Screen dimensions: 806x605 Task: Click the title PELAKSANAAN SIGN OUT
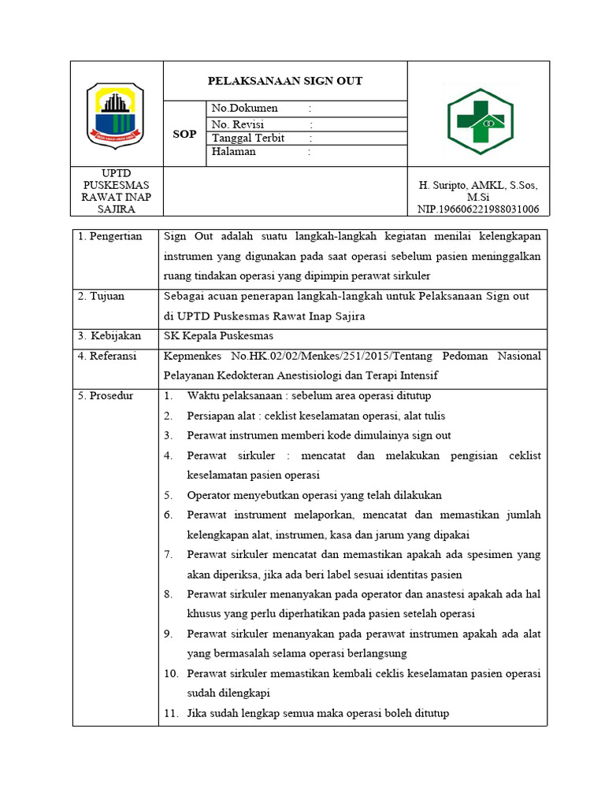(x=284, y=81)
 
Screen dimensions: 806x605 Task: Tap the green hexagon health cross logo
(x=481, y=121)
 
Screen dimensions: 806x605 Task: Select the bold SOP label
(x=184, y=135)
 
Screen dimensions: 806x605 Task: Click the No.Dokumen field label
(x=244, y=109)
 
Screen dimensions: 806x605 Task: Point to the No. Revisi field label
(x=238, y=124)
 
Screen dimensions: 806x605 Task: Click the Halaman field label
(x=233, y=152)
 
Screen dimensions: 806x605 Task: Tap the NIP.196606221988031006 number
(x=478, y=209)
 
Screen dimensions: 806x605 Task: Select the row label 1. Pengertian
(x=110, y=236)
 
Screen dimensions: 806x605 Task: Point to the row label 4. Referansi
(x=108, y=356)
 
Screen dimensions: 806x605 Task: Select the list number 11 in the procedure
(x=172, y=713)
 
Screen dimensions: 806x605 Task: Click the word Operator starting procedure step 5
(x=209, y=495)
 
